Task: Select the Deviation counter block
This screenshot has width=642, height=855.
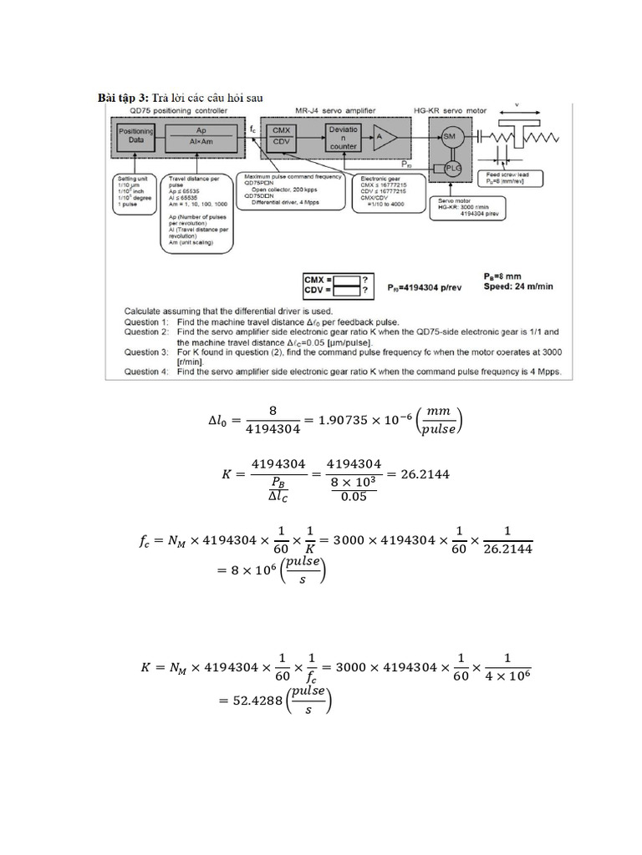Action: (343, 138)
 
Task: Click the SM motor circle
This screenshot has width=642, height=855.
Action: (449, 136)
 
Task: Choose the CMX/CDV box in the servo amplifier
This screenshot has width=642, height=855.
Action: (280, 137)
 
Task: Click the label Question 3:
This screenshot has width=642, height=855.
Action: (147, 352)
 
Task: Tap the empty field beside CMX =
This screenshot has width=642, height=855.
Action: (349, 278)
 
